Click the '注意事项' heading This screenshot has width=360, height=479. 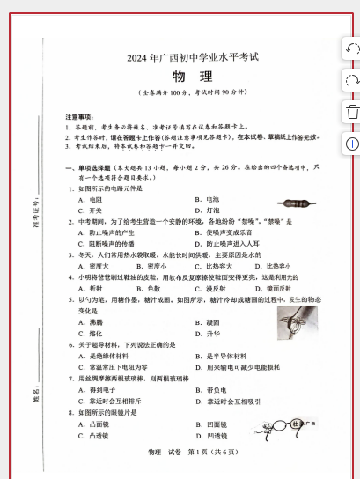[x=79, y=116]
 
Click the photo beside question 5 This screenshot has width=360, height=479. [x=297, y=321]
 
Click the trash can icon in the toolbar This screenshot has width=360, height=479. [x=351, y=111]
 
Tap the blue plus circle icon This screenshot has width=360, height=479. [x=351, y=143]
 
